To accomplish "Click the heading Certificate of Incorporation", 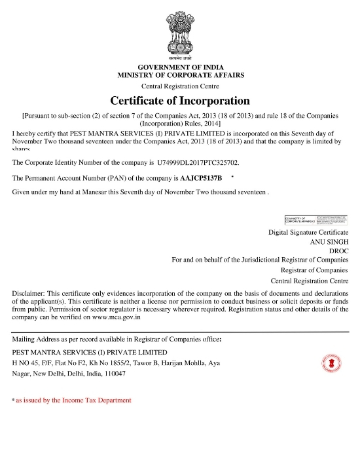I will (x=180, y=101).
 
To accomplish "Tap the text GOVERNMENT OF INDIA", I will (x=180, y=67).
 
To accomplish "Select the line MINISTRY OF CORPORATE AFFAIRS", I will (x=180, y=76).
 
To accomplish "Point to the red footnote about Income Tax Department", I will (x=73, y=400).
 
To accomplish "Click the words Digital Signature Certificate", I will (x=308, y=232).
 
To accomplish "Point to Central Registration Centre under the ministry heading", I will (x=180, y=86).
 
